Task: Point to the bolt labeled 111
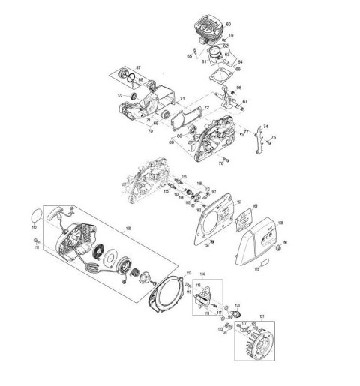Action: pyautogui.click(x=35, y=239)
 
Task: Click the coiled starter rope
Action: pyautogui.click(x=89, y=265)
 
